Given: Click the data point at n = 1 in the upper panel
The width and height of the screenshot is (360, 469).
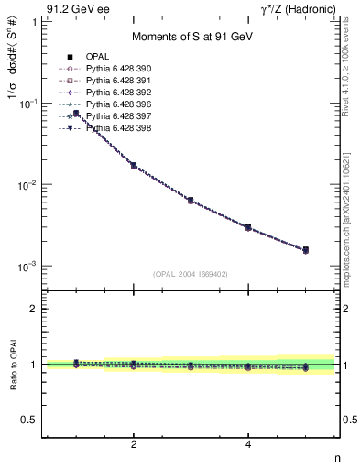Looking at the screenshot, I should pyautogui.click(x=76, y=114).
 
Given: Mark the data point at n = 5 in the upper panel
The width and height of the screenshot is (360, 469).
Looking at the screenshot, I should pyautogui.click(x=305, y=249).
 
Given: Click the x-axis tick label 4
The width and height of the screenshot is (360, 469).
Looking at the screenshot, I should pyautogui.click(x=248, y=444).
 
